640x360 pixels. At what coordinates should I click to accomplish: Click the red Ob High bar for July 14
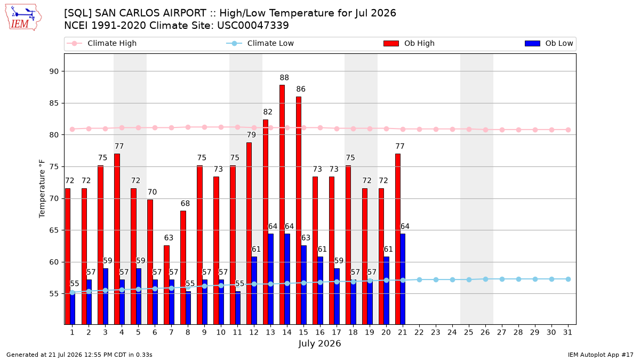tap(282, 205)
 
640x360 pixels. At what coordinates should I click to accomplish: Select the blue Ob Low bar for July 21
tap(403, 279)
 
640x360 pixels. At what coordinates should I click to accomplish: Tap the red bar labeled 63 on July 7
tap(166, 285)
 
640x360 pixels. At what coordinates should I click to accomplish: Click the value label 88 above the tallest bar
tap(284, 78)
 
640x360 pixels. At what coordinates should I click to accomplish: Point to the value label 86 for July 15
tap(301, 89)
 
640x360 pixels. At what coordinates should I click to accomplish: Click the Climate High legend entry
tap(102, 43)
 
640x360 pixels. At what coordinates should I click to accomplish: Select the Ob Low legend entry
tap(549, 43)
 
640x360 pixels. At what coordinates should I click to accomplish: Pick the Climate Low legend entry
tap(260, 43)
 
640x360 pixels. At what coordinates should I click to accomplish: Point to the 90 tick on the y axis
tap(54, 71)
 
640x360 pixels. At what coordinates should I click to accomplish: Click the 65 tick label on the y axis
tap(54, 230)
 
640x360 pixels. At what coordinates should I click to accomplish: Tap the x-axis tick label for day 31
tap(567, 333)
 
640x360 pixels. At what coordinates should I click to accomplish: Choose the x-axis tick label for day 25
tap(469, 333)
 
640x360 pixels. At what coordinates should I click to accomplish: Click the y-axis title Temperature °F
tap(42, 189)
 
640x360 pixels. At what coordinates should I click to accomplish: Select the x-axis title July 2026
tap(319, 343)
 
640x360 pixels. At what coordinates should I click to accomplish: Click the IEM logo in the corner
tap(23, 17)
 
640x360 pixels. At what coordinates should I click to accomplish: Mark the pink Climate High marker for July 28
tap(518, 130)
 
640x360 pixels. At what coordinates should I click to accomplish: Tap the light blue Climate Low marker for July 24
tap(452, 279)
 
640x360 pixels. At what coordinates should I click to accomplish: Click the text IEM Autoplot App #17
tap(601, 355)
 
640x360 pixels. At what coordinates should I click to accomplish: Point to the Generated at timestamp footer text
tap(79, 355)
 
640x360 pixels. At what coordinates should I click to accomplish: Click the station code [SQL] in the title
tap(78, 13)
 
